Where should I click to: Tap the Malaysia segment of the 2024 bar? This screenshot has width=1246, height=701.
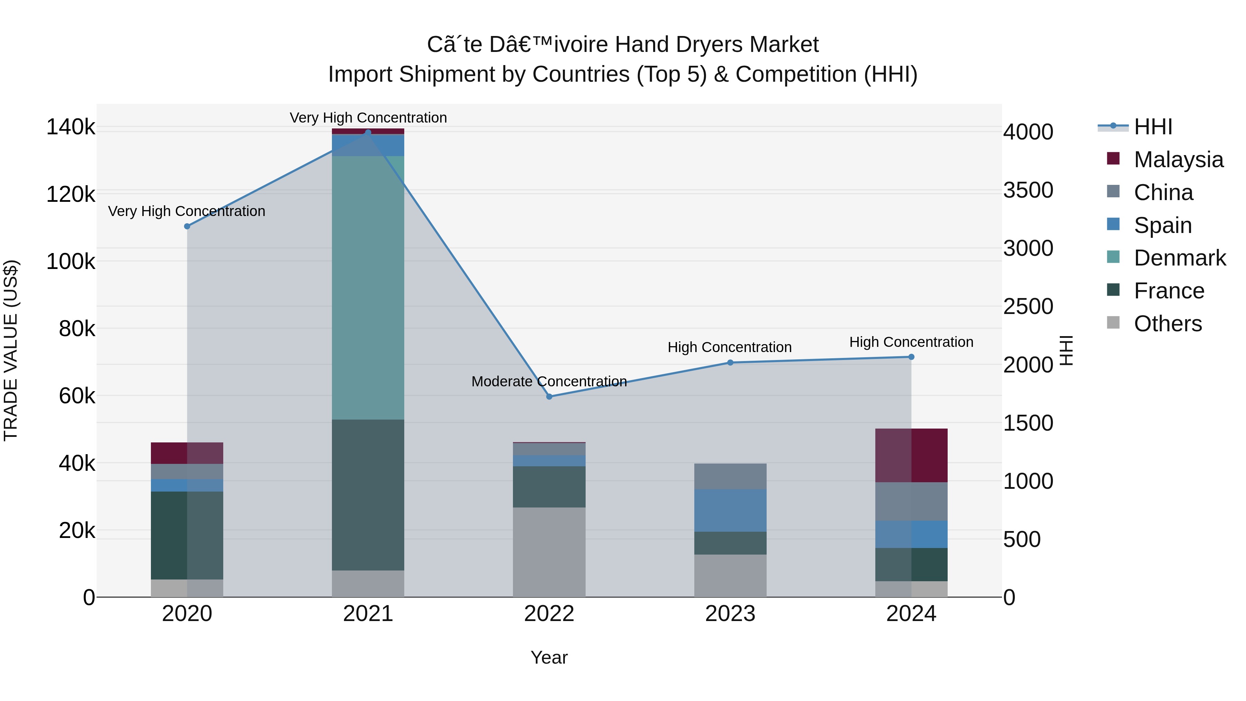(x=911, y=455)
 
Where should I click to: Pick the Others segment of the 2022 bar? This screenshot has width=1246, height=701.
(x=549, y=552)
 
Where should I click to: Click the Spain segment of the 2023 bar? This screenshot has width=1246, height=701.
(x=730, y=510)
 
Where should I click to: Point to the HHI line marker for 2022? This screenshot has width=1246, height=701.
(x=549, y=397)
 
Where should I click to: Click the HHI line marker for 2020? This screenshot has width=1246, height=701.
(x=187, y=226)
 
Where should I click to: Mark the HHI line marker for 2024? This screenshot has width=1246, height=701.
(x=911, y=357)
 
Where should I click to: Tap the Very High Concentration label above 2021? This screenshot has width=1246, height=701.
(x=368, y=118)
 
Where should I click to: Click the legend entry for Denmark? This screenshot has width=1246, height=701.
(x=1179, y=258)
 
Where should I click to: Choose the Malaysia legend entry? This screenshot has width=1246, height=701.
(x=1178, y=160)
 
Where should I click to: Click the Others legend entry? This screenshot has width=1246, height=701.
(x=1168, y=324)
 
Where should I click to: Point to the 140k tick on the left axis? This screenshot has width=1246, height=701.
(x=71, y=127)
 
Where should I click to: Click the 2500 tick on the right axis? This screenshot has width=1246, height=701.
(x=1028, y=307)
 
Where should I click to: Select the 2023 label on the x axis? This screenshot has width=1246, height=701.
(x=730, y=614)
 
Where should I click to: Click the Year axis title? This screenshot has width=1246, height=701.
(x=549, y=657)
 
